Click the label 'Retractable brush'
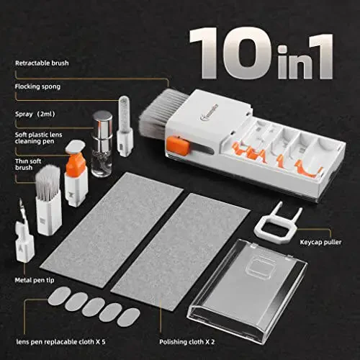tap(42, 63)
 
